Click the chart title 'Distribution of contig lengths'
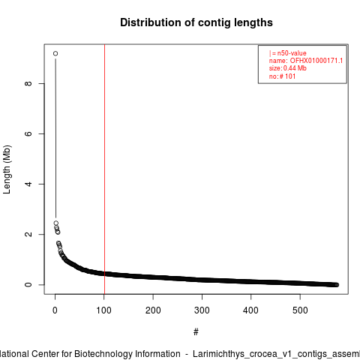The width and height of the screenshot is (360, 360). click(x=196, y=22)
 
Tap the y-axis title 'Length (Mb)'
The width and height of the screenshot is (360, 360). click(x=7, y=169)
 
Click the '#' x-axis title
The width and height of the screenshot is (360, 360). click(x=196, y=332)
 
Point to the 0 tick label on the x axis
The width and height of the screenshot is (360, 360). click(x=55, y=310)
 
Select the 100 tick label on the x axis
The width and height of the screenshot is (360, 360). click(x=103, y=310)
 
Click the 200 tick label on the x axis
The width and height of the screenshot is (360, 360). click(x=153, y=310)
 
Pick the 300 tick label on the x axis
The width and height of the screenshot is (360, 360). click(x=202, y=310)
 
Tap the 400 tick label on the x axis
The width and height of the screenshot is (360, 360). click(x=250, y=310)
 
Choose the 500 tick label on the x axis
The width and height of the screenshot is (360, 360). click(x=300, y=310)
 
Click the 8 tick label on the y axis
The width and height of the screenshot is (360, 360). click(x=28, y=83)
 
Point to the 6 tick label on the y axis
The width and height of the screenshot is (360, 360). click(x=28, y=133)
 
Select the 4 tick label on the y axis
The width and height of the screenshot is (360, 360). click(x=28, y=184)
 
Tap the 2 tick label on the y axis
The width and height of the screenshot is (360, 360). click(x=28, y=234)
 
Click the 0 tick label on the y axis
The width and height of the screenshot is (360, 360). click(x=28, y=284)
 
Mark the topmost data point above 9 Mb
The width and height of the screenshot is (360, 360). click(x=55, y=53)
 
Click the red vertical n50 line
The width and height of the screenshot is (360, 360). click(x=104, y=169)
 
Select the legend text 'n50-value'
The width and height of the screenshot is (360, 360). click(x=292, y=53)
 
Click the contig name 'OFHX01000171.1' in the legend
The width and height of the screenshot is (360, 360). click(x=316, y=61)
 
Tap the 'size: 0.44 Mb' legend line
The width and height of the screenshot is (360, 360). click(x=288, y=68)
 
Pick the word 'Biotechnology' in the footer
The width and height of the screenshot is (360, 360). click(x=127, y=354)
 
